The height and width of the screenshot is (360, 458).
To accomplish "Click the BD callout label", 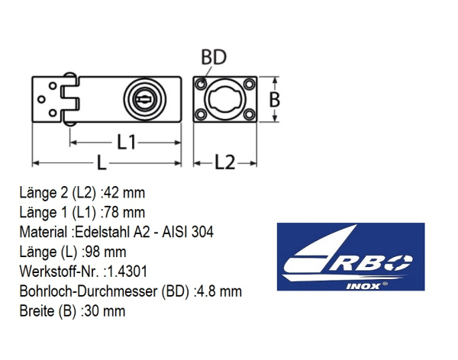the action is point(214,57).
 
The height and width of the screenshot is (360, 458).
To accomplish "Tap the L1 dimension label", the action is point(126,142).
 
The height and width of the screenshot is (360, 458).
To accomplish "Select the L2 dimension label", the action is point(224,162).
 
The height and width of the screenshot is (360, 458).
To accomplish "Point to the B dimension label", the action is point(274,99).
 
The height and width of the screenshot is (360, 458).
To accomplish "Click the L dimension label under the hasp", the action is point(101,162).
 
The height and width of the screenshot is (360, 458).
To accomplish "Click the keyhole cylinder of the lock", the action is point(144,99).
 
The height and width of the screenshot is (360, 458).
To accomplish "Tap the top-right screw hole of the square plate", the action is point(249,85).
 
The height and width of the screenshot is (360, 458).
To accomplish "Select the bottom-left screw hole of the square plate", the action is point(201,114).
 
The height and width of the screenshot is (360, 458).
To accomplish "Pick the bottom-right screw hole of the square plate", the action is point(249,114).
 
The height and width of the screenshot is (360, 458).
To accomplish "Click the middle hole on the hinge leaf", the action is point(41,99).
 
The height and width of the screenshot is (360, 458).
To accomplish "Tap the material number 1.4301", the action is point(127,272).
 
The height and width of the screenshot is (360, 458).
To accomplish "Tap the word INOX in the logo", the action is point(363,286).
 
